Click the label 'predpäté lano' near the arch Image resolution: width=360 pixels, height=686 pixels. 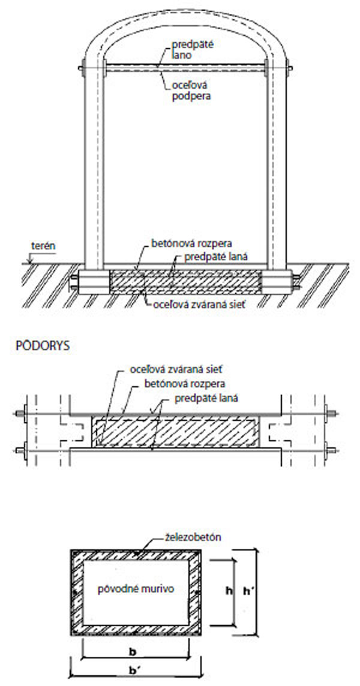(191, 49)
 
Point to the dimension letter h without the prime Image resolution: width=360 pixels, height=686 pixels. (228, 591)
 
